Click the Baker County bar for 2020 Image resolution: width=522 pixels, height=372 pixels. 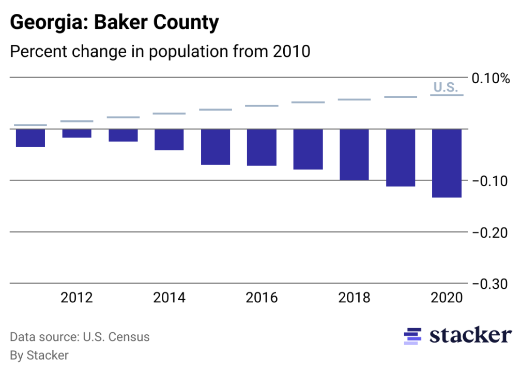[x=447, y=163]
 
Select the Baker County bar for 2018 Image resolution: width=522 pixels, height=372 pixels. [x=354, y=154]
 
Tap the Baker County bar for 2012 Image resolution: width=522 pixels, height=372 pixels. [x=76, y=133]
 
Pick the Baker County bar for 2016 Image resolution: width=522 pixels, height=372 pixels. [x=262, y=147]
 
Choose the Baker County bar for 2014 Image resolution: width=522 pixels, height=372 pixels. [x=169, y=139]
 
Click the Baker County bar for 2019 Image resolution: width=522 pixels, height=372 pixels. [x=401, y=158]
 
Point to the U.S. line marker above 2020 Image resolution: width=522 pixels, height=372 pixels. [x=447, y=95]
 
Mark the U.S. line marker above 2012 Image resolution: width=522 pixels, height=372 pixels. [x=76, y=121]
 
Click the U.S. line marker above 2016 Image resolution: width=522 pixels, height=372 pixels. [x=262, y=106]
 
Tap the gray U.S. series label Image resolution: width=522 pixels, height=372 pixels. [x=445, y=87]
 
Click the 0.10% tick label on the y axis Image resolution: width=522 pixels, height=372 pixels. [x=490, y=79]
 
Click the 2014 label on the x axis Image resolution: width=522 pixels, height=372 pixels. [x=169, y=298]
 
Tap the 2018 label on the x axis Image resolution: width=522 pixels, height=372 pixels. [x=354, y=298]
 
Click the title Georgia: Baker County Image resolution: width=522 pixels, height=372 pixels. [x=114, y=23]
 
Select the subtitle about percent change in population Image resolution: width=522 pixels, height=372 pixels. [x=160, y=52]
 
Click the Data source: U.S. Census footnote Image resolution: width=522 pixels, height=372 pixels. [x=80, y=337]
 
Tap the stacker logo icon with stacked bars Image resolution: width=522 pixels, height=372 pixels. [x=412, y=336]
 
